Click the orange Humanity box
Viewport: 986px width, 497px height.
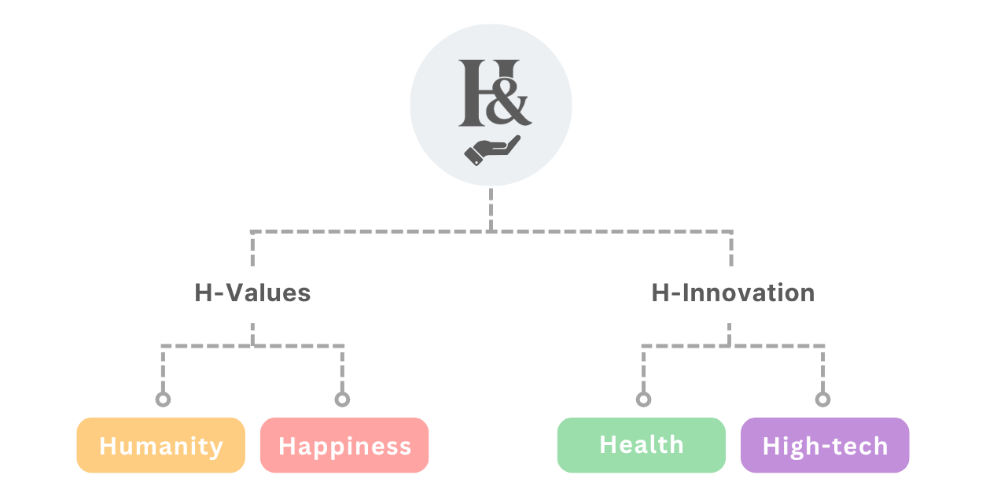pyautogui.click(x=160, y=445)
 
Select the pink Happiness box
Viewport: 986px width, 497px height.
pyautogui.click(x=344, y=445)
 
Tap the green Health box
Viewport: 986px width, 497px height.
pyautogui.click(x=642, y=445)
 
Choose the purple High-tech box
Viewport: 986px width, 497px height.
pyautogui.click(x=825, y=445)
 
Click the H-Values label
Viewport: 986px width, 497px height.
pyautogui.click(x=252, y=293)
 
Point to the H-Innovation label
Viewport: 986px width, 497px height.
pyautogui.click(x=733, y=293)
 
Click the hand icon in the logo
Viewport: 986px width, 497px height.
pyautogui.click(x=492, y=150)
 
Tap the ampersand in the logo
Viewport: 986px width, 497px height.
pyautogui.click(x=508, y=101)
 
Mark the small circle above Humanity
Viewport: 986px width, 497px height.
pyautogui.click(x=163, y=399)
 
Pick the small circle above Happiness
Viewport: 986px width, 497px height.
pyautogui.click(x=342, y=399)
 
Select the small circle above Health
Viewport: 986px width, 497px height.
pyautogui.click(x=643, y=399)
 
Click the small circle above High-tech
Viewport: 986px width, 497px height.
pyautogui.click(x=822, y=399)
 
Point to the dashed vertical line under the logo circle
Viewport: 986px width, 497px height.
pyautogui.click(x=491, y=209)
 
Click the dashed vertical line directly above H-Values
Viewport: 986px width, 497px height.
pyautogui.click(x=252, y=248)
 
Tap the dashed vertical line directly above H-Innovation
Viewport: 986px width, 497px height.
pyautogui.click(x=731, y=248)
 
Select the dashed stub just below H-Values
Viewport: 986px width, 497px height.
pyautogui.click(x=252, y=334)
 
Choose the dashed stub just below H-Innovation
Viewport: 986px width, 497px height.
pyautogui.click(x=730, y=334)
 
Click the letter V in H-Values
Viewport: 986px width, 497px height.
pyautogui.click(x=237, y=293)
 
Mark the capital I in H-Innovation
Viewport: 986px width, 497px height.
pyautogui.click(x=686, y=293)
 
